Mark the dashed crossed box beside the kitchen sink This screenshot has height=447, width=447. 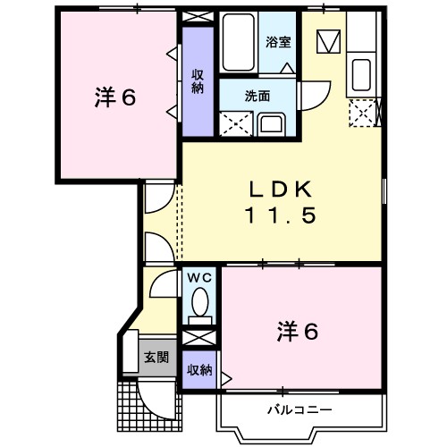coord(363,113)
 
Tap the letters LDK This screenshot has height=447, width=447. coord(280,189)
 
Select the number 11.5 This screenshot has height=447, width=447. coord(280,215)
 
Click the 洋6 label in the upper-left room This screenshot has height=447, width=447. coord(115,97)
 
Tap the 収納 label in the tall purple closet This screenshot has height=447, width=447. coord(197,81)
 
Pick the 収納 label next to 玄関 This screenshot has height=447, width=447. coord(199,369)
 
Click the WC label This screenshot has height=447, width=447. coord(199,278)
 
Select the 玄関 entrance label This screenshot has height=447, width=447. coord(156,357)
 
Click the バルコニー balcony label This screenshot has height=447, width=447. coord(300,409)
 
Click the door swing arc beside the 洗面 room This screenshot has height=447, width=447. coord(313,94)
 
